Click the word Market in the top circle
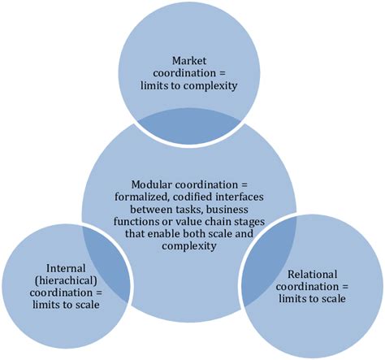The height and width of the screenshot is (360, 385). pos(192,61)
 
